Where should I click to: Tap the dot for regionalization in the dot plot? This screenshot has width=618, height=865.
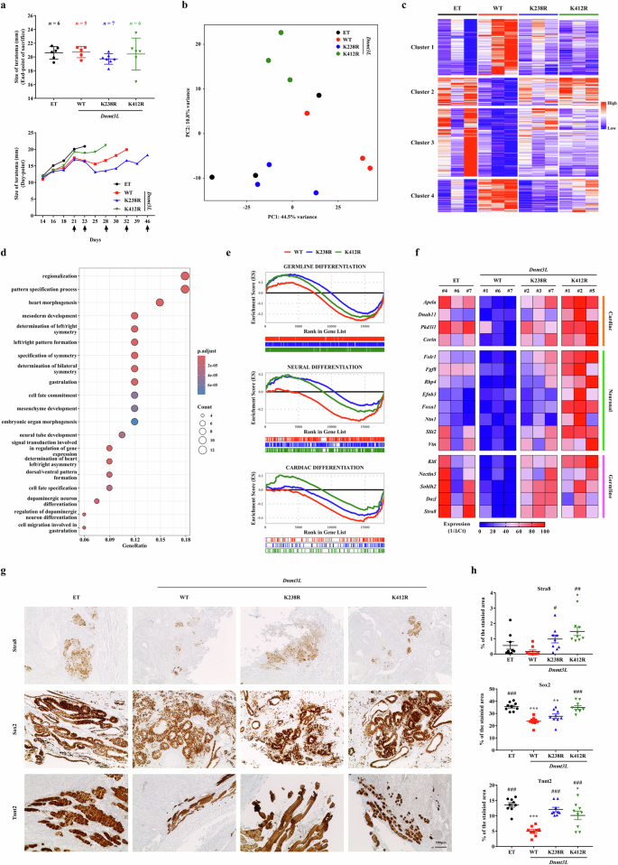pyautogui.click(x=185, y=276)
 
